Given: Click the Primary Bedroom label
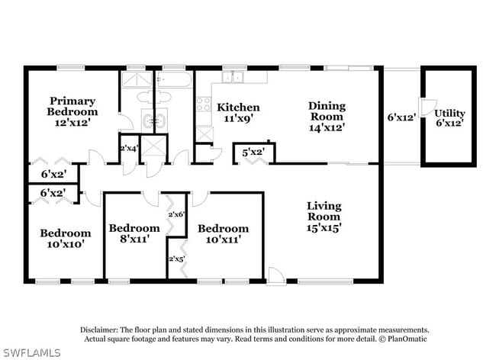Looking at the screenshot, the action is [x=72, y=106].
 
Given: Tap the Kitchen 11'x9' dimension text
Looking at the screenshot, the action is [x=240, y=119].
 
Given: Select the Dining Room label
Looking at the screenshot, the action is [x=327, y=111].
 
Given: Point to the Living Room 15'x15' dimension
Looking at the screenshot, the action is [x=324, y=227].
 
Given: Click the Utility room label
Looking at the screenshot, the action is [x=449, y=113].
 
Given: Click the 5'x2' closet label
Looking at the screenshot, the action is [x=253, y=153].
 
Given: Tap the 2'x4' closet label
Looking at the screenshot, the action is [x=129, y=148].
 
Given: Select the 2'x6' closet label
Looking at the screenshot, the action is [x=176, y=214].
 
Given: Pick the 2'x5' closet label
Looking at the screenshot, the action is [x=177, y=259].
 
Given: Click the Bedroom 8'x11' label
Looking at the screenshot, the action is [x=134, y=233].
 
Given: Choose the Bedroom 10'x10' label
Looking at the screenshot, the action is [x=66, y=238].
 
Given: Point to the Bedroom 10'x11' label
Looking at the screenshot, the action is [x=224, y=234].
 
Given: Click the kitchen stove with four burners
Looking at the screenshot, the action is [x=204, y=104].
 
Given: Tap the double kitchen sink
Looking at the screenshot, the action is [x=233, y=78].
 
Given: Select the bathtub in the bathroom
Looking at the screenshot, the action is [x=175, y=79].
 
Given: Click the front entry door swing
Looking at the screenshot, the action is [x=276, y=276].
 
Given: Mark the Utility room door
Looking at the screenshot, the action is [x=428, y=107].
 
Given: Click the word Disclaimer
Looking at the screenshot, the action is [x=99, y=329].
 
